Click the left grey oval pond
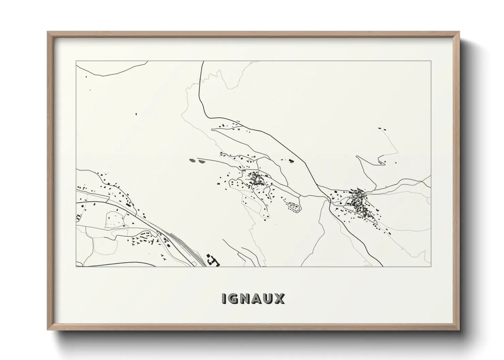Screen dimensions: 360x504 click(x=193, y=160)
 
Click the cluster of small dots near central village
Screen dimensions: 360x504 click(x=293, y=207)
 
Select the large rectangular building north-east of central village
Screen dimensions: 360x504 click(x=291, y=160)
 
